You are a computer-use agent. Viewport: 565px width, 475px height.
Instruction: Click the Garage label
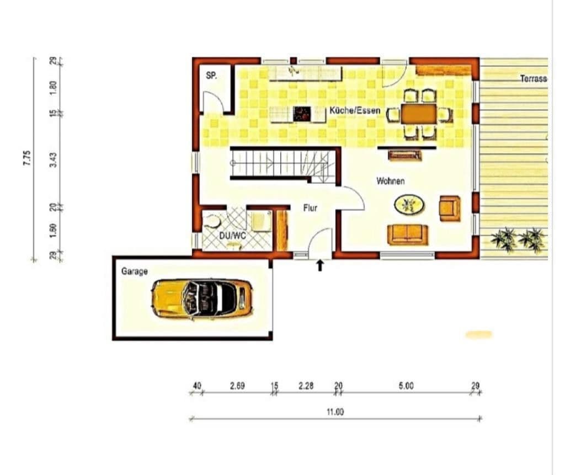[x=134, y=271]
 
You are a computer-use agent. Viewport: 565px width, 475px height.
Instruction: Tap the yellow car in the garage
[x=202, y=298]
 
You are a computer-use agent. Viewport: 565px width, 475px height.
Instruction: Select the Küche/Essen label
[x=355, y=110]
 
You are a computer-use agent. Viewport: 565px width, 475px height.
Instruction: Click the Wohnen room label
[x=390, y=181]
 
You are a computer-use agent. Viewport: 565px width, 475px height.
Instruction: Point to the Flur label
[x=310, y=209]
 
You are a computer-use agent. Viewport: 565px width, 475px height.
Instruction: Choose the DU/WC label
[x=232, y=236]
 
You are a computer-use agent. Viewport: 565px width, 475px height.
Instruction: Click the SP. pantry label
[x=211, y=76]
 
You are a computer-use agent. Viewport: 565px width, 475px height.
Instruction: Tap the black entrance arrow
[x=319, y=265]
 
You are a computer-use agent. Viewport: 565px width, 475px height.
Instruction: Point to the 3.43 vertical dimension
[x=54, y=159]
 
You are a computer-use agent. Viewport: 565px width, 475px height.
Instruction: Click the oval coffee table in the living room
[x=409, y=205]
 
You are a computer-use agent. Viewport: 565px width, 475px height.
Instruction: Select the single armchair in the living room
[x=450, y=208]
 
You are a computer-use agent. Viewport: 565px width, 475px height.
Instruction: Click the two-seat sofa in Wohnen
[x=408, y=234]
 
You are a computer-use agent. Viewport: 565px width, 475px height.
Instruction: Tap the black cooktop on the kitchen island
[x=302, y=114]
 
